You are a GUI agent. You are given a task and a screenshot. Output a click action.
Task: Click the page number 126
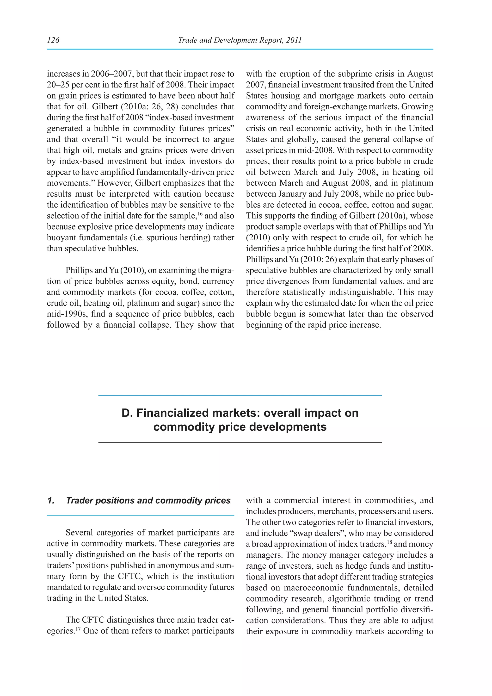point(53,40)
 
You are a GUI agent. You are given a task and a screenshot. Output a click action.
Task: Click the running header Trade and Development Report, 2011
point(240,40)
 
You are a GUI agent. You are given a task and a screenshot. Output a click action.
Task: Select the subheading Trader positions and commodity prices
point(148,500)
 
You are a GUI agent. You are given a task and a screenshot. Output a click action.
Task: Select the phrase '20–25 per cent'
point(74,85)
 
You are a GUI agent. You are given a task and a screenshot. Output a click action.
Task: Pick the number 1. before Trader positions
point(51,500)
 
